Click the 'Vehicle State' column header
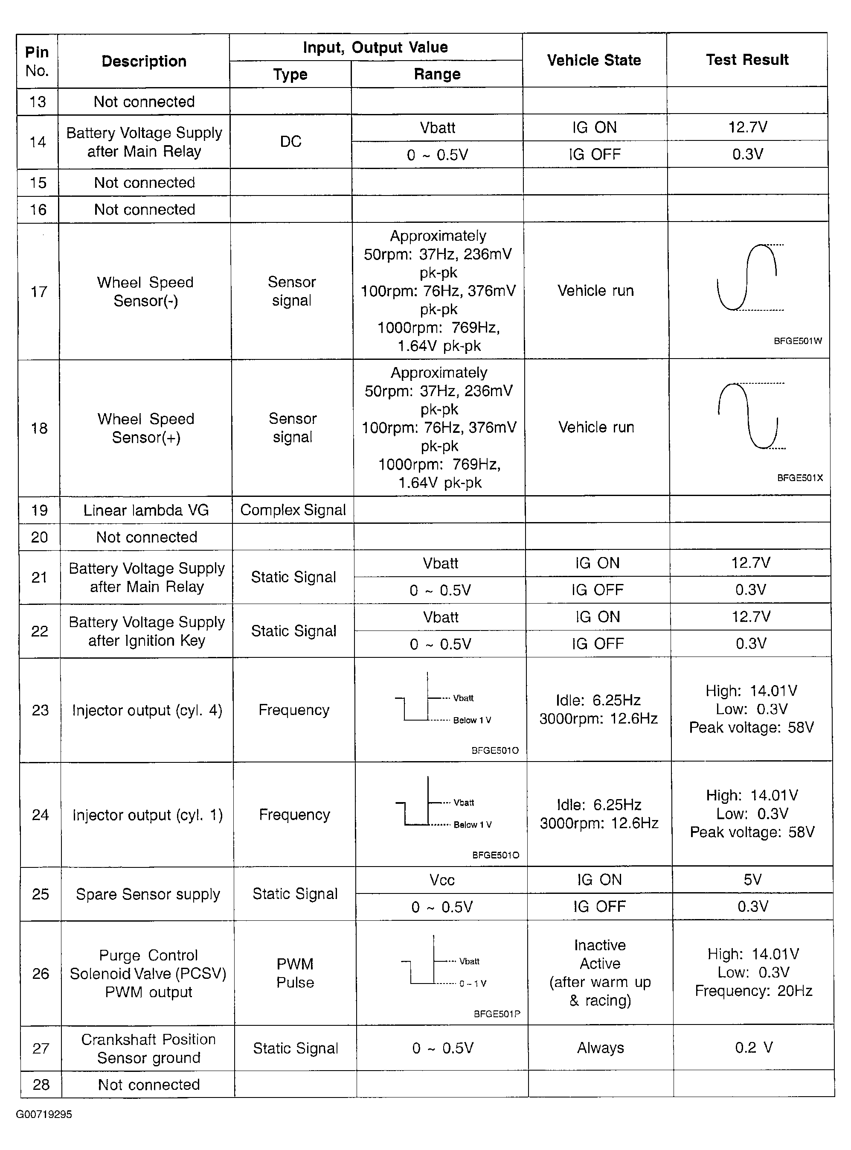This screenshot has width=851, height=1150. tap(594, 60)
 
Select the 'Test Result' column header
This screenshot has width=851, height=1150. tap(747, 60)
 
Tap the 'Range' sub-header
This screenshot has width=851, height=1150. tap(437, 74)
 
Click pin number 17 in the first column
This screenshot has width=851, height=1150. tap(39, 292)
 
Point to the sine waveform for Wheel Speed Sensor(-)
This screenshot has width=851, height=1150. tap(748, 278)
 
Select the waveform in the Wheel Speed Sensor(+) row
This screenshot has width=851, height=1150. tap(749, 415)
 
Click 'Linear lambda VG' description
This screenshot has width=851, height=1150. tap(146, 510)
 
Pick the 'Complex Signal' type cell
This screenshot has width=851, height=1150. tap(293, 510)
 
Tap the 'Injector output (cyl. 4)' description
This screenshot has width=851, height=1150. tap(147, 710)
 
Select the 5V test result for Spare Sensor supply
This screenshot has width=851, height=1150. tap(752, 880)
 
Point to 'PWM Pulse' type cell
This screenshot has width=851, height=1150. tap(295, 973)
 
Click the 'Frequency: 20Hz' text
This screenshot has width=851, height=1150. tap(754, 991)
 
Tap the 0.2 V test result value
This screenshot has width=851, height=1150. tap(754, 1048)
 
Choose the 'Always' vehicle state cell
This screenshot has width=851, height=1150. tap(601, 1048)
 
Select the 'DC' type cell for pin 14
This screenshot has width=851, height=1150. tap(290, 142)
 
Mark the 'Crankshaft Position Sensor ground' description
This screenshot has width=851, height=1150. tap(148, 1048)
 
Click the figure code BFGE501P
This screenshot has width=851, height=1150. tap(497, 1014)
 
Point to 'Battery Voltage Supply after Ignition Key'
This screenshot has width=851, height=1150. tap(147, 631)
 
